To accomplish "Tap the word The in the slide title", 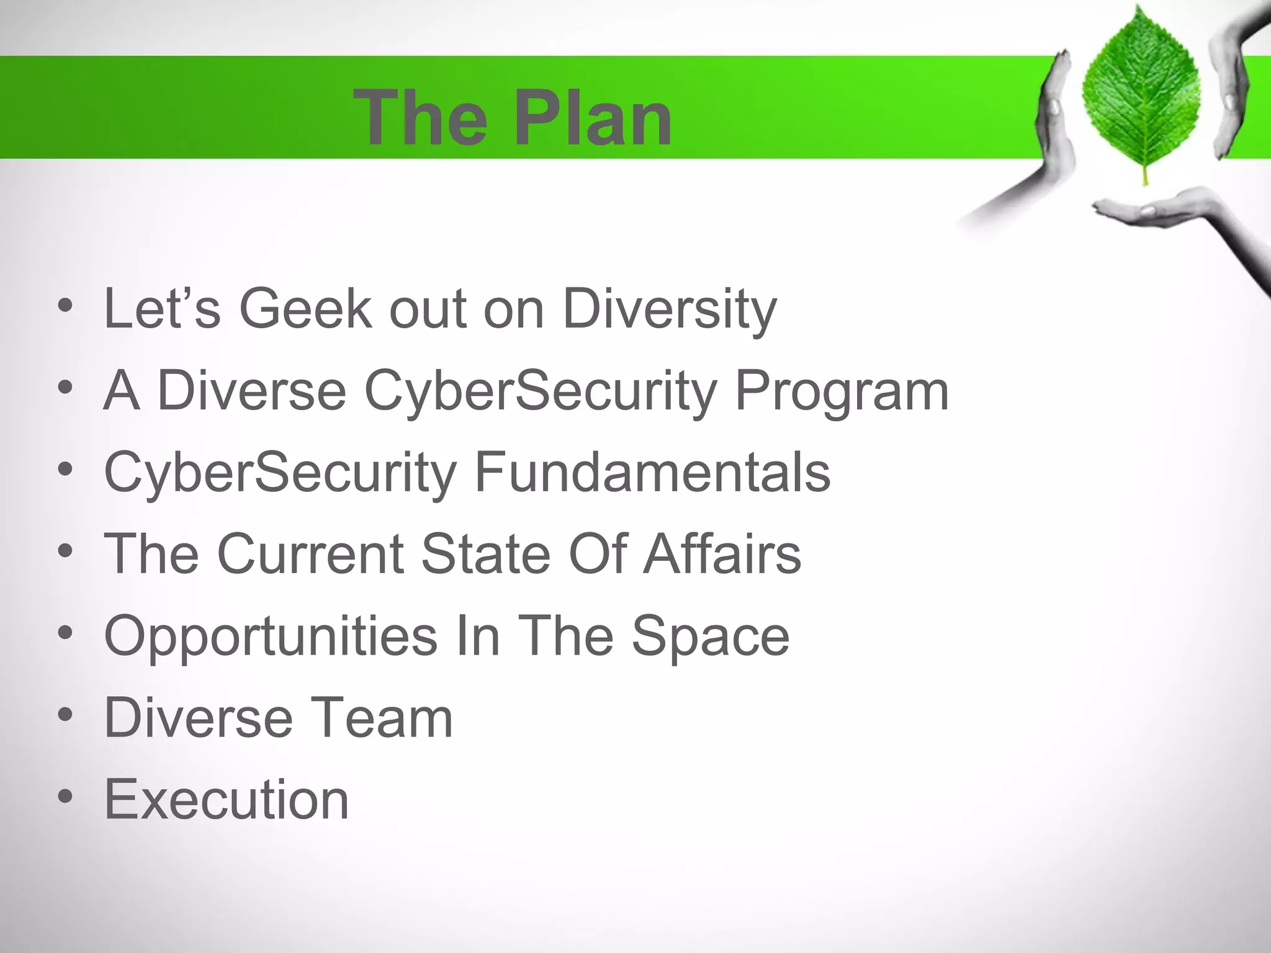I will click(x=420, y=118).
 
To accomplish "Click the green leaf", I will click(x=1141, y=93).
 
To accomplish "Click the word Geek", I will click(x=306, y=308).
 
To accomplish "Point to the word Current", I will click(x=310, y=553).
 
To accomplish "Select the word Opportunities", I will click(x=271, y=637).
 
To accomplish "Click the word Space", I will click(x=710, y=637).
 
